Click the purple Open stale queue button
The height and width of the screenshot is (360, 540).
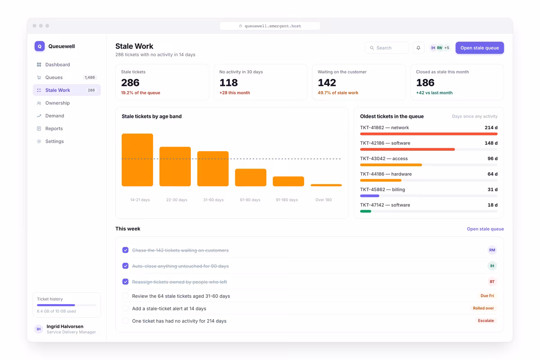coord(480,48)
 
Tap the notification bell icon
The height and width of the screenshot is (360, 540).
coord(418,48)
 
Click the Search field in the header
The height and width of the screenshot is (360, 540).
coord(387,48)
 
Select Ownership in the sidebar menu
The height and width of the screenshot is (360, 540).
coord(58,103)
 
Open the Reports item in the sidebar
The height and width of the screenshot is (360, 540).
coord(54,129)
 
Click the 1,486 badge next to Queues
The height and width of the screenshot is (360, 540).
coord(90,77)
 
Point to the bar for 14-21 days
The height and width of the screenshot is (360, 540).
coord(137,160)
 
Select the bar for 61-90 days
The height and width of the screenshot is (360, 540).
coord(251,177)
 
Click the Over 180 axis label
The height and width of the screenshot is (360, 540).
coord(324,200)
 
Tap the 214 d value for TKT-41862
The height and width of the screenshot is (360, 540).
coord(491,127)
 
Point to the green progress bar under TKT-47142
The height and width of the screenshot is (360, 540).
coord(366,211)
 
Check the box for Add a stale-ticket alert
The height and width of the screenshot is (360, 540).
coord(126,308)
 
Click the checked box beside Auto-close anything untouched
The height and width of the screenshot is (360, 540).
coord(126,265)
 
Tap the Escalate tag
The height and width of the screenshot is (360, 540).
coord(486,320)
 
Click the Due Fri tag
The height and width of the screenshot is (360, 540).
coord(487,296)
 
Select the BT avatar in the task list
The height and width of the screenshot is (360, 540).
coord(492,282)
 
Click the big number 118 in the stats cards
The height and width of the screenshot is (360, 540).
coord(229,83)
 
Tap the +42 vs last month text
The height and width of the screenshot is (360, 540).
coord(434,93)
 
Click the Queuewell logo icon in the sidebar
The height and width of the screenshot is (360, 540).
coord(40,46)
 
